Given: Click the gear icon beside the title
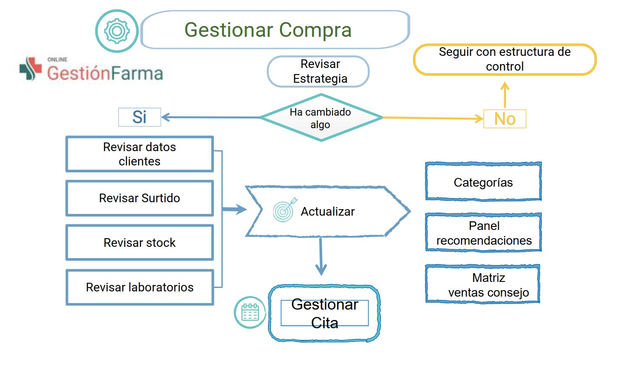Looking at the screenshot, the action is point(117,31).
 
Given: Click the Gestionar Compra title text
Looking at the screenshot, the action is point(268,30).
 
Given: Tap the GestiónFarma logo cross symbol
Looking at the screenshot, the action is point(30,68).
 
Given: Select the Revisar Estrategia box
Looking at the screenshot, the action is point(318,71).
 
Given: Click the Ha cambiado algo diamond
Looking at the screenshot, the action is point(321,117).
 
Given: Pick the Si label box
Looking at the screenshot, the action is point(139,117).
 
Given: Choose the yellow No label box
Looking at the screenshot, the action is point(505,119).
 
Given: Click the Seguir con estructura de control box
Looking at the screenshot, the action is point(505,59).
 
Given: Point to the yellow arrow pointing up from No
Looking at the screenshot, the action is point(505,95).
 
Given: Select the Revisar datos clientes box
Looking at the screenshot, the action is point(140,154).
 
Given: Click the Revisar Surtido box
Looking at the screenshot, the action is point(140,198).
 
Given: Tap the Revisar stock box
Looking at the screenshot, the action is point(140,242).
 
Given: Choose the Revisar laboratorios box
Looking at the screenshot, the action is point(140,287).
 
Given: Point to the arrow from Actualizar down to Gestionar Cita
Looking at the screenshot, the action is point(321,256).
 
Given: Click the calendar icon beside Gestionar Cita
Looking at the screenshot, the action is point(250,312).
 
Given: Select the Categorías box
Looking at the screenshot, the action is point(484,181).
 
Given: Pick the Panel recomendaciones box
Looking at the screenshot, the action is point(484,233).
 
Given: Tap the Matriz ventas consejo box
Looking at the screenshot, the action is point(483,284).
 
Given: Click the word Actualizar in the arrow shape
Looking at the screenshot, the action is point(328,212).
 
